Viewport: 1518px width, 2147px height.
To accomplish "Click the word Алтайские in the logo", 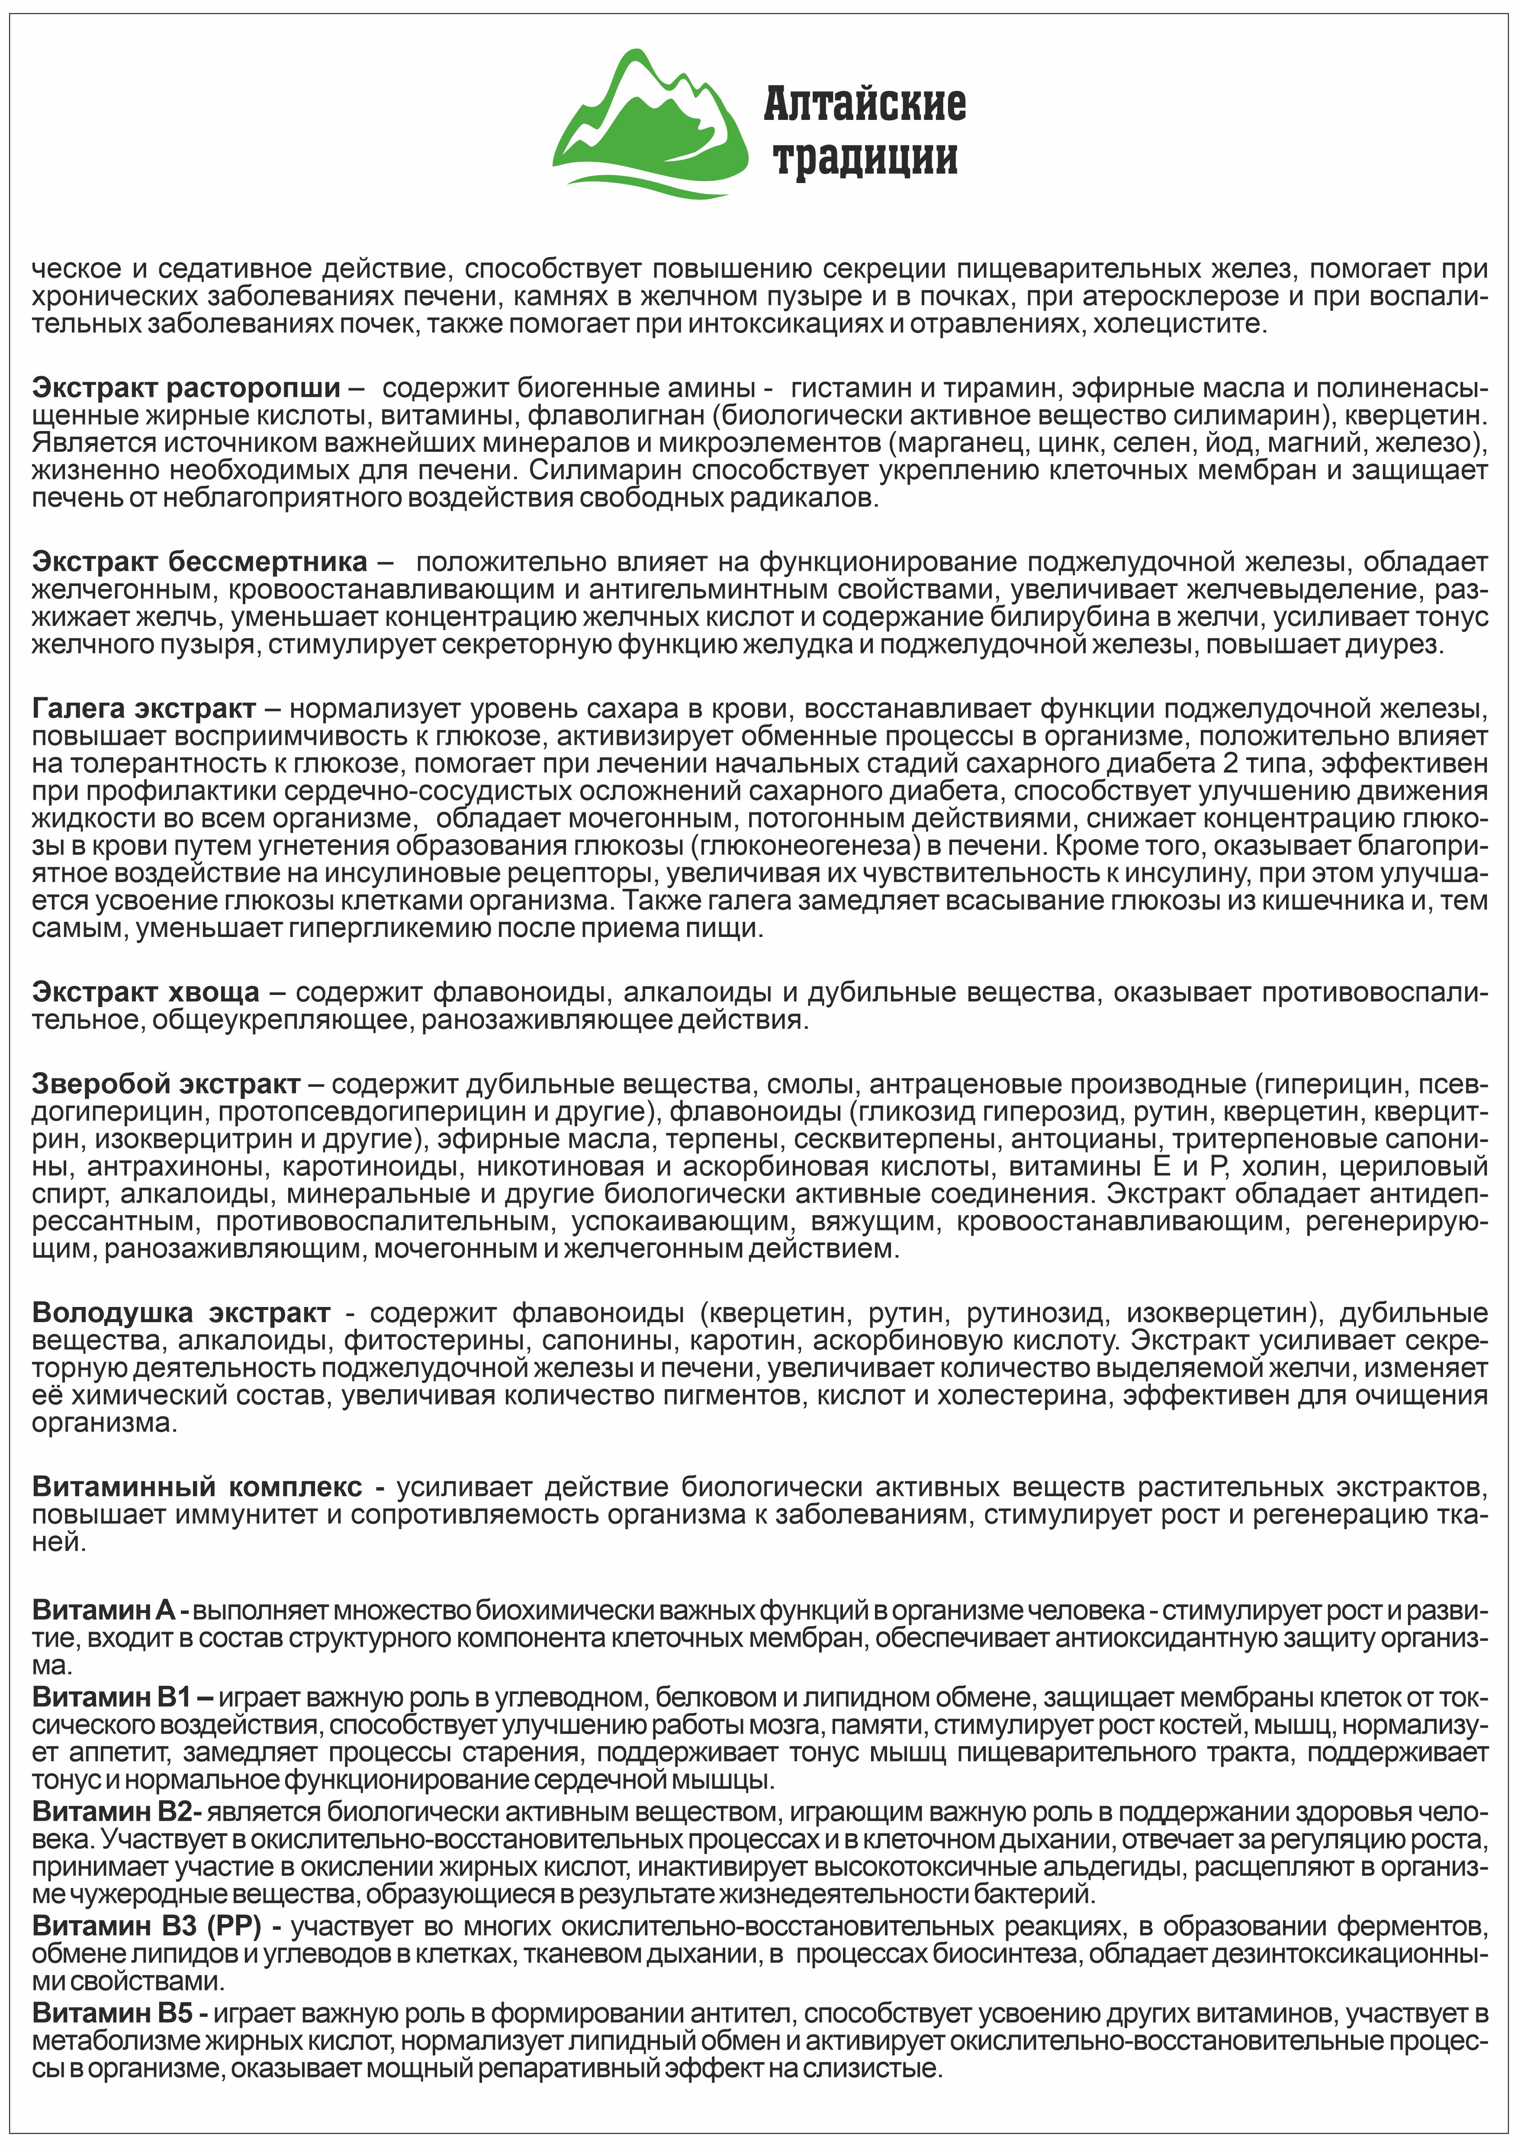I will [865, 104].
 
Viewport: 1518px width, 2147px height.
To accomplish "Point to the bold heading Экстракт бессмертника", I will [199, 562].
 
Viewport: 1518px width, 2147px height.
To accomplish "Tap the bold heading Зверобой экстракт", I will [165, 1084].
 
